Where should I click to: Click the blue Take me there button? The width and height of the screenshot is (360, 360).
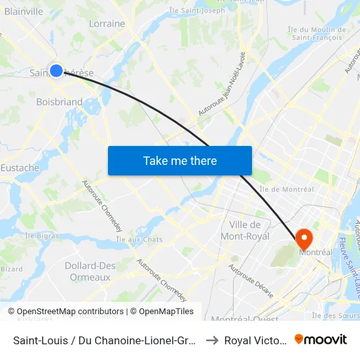[x=180, y=160]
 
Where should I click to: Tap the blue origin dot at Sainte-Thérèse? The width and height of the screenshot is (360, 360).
[x=56, y=71]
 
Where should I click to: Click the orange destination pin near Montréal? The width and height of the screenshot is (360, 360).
[x=305, y=238]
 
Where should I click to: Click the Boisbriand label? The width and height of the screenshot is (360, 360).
[x=60, y=101]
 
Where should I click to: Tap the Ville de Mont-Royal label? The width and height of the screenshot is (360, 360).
[x=245, y=230]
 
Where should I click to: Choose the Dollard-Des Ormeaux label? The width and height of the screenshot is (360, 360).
[x=90, y=271]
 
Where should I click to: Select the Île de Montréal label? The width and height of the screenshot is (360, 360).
[x=287, y=189]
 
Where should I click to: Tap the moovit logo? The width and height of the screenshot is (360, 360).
[x=321, y=340]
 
